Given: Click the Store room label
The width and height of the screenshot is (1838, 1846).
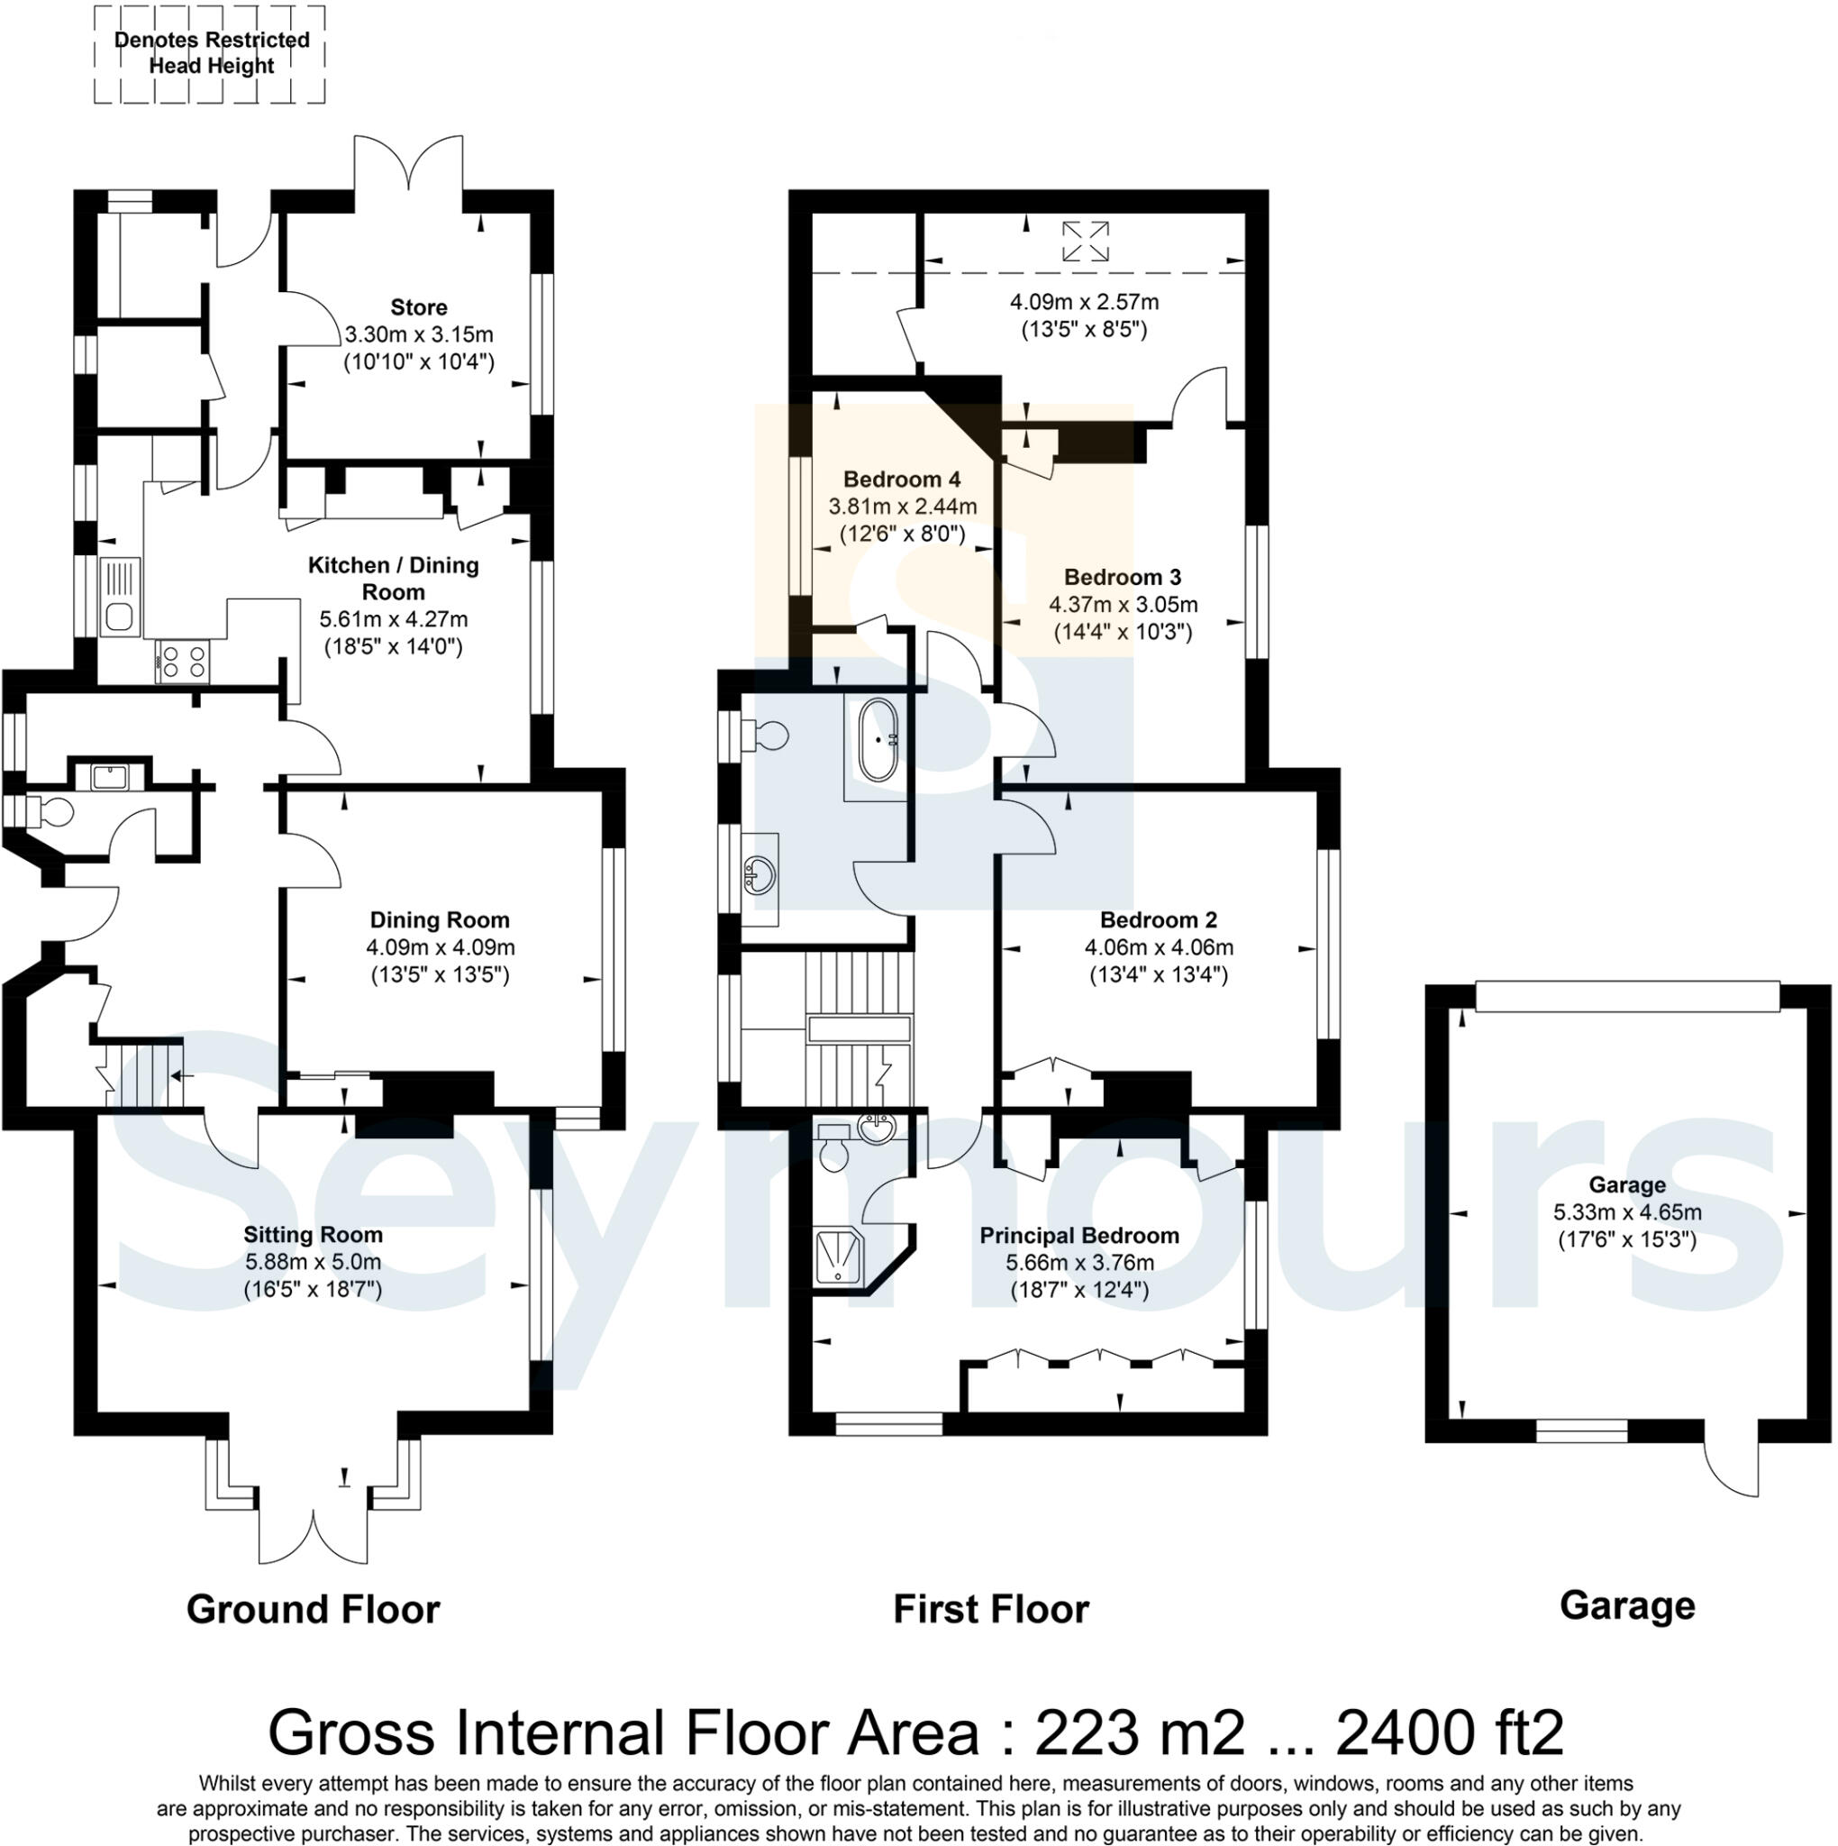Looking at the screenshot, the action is (418, 307).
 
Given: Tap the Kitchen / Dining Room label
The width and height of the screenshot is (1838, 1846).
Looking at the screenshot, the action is (394, 578).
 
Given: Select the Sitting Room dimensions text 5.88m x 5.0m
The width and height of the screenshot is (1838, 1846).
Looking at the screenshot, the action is (314, 1261).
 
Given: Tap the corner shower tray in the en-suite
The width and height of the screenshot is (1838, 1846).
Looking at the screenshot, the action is (840, 1257).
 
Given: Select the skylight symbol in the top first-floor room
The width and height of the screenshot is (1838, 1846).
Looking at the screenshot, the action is (1085, 241).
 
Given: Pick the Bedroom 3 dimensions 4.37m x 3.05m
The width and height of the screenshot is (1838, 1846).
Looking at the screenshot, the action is (1123, 605).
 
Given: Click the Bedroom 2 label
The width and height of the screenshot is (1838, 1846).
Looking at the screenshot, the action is (1158, 920).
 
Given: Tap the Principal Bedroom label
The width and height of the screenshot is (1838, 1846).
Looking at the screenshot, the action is (1079, 1236).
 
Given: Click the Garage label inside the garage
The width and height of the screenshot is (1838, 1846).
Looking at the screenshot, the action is (1627, 1184).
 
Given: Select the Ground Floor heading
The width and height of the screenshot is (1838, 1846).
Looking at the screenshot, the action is (314, 1609).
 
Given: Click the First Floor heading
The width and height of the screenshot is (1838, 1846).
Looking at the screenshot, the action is (991, 1609).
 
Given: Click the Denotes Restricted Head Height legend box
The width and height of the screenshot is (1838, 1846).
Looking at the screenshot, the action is (210, 53).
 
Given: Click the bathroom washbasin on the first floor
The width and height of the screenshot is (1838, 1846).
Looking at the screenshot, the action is (760, 873).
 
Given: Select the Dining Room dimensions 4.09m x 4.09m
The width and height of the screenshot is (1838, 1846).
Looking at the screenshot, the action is (441, 948).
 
